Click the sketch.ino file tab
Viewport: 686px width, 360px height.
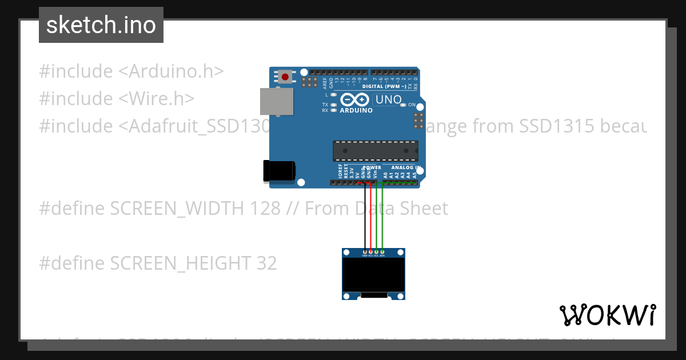point(101,25)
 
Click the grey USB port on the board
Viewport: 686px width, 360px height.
point(277,102)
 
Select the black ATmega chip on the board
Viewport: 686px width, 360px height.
point(376,150)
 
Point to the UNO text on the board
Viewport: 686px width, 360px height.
point(388,100)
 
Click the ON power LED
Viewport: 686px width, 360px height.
point(404,105)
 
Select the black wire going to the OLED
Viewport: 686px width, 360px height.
point(365,217)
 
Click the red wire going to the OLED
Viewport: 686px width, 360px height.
point(370,217)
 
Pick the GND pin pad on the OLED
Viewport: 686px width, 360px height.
point(365,252)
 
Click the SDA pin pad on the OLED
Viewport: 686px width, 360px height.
point(382,252)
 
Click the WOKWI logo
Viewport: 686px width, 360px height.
point(608,315)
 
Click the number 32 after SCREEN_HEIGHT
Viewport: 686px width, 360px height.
point(266,263)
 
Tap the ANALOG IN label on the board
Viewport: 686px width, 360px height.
point(406,168)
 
